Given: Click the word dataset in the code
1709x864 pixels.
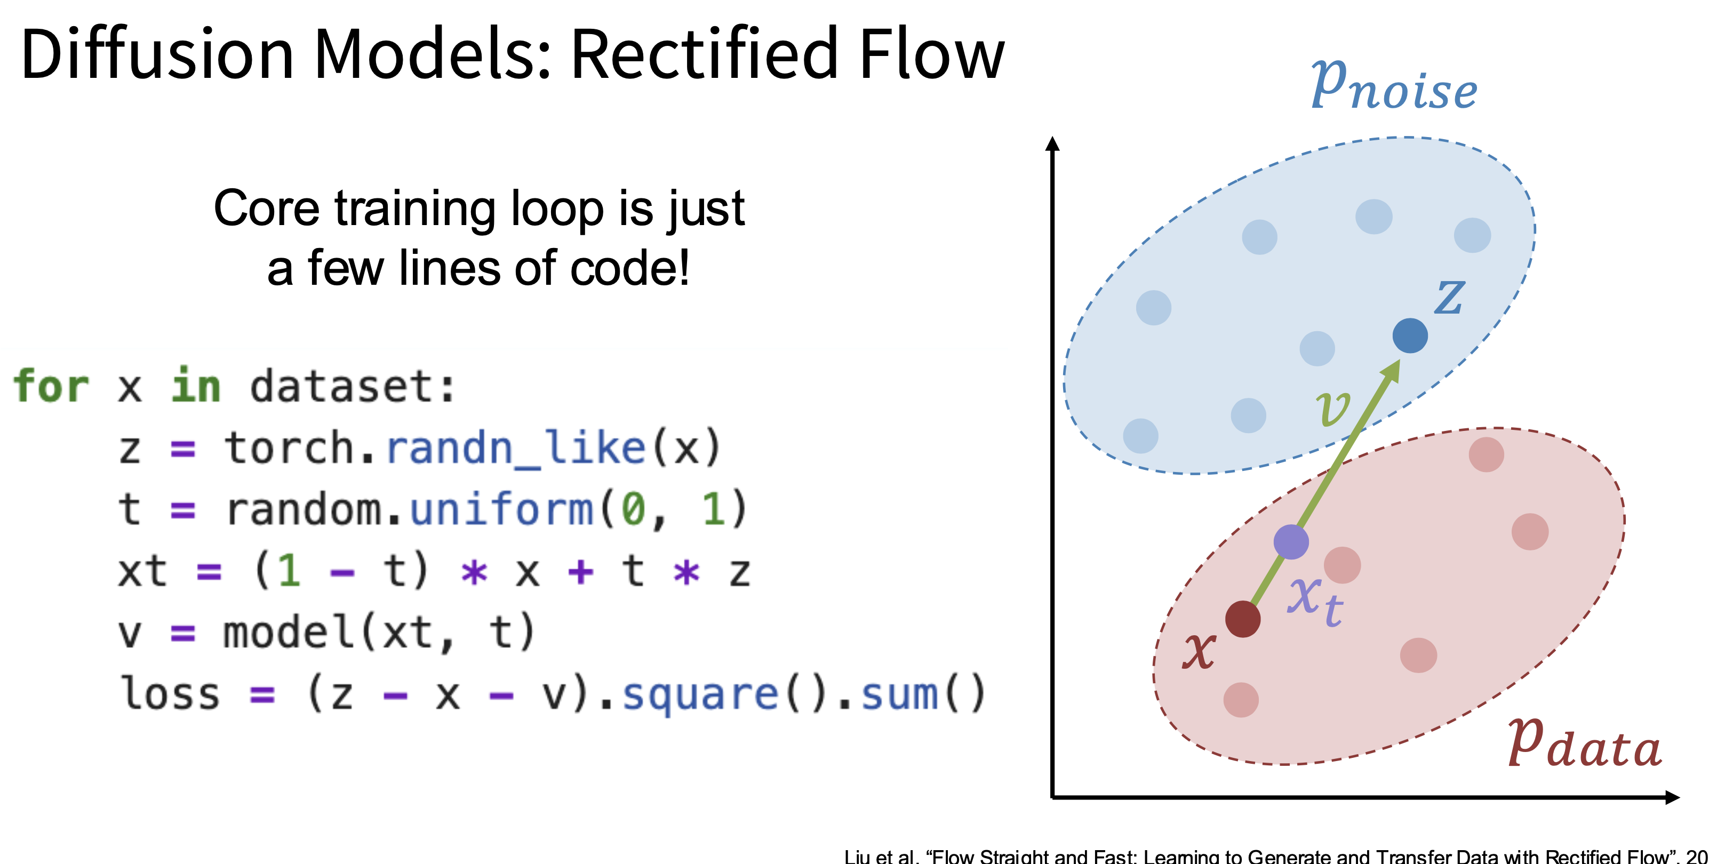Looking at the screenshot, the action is tap(345, 386).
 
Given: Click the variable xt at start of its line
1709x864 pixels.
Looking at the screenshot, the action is tap(142, 571).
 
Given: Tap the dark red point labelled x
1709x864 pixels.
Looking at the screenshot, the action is tap(1243, 619).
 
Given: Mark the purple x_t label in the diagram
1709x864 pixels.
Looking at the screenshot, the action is tap(1315, 601).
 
